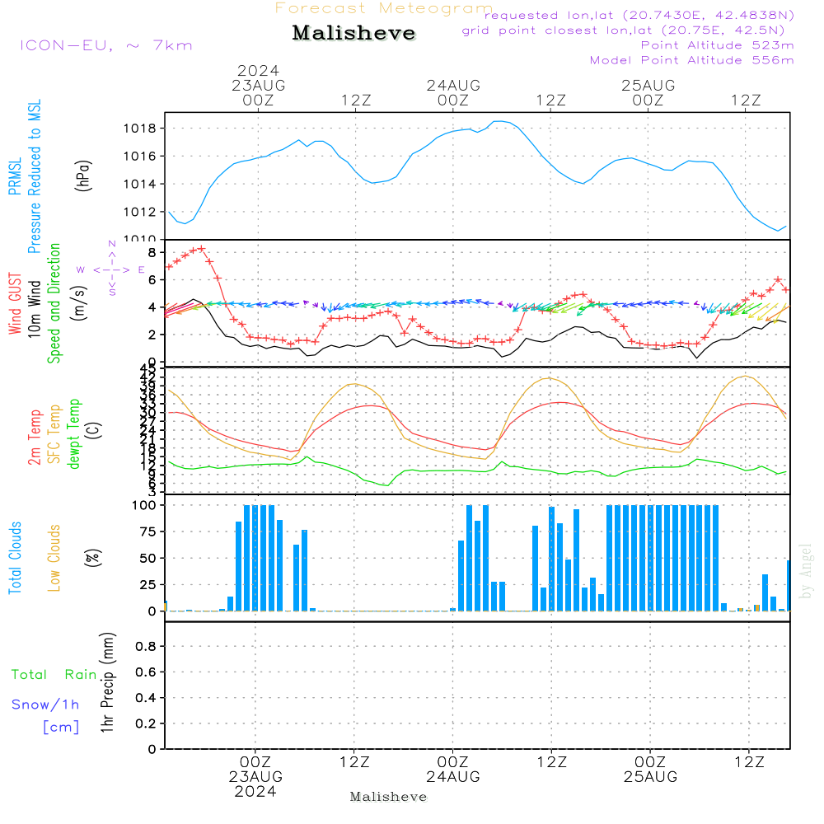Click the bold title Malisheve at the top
point(353,33)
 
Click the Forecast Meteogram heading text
point(384,8)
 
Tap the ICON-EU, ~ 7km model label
point(105,44)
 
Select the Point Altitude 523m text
point(717,45)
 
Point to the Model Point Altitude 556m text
point(692,60)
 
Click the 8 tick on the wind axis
point(152,251)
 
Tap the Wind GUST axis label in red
point(16,304)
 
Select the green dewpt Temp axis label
point(75,434)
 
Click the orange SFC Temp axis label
point(55,434)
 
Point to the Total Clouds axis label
point(16,558)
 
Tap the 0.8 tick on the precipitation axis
point(145,647)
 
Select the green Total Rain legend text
point(54,675)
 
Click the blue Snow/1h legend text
point(45,705)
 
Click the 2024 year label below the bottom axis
point(255,792)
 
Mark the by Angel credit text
point(806,571)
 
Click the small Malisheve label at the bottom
point(388,797)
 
